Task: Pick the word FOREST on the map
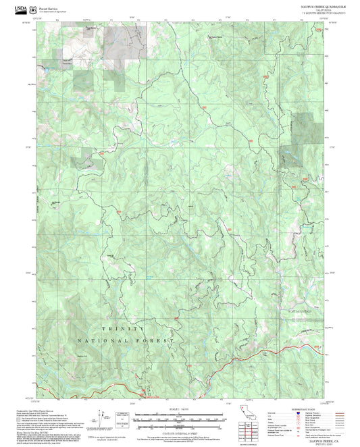pyautogui.click(x=156, y=341)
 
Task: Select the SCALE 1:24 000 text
pyautogui.click(x=179, y=409)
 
